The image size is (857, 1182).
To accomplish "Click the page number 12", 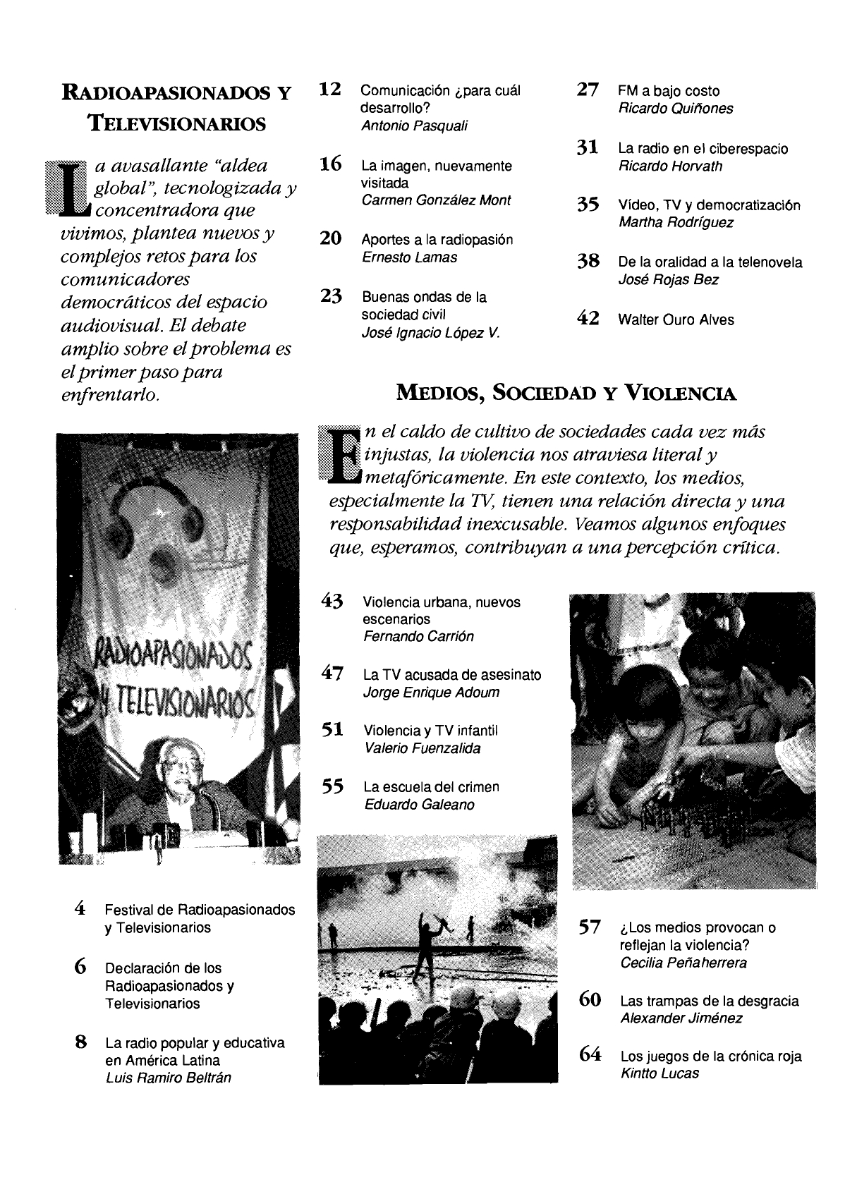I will pos(330,90).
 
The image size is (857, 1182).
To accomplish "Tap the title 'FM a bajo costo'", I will pos(669,91).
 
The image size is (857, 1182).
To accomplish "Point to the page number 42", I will pos(588,319).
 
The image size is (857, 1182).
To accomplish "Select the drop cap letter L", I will pos(71,187).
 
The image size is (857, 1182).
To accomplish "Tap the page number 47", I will pos(332,674).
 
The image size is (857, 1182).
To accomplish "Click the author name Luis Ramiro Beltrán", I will pos(168,1078).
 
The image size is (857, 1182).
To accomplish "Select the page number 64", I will pos(589,1055).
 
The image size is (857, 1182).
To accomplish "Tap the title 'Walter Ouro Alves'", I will pos(676,319).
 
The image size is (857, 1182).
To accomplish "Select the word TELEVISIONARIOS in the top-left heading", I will pos(176,124).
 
